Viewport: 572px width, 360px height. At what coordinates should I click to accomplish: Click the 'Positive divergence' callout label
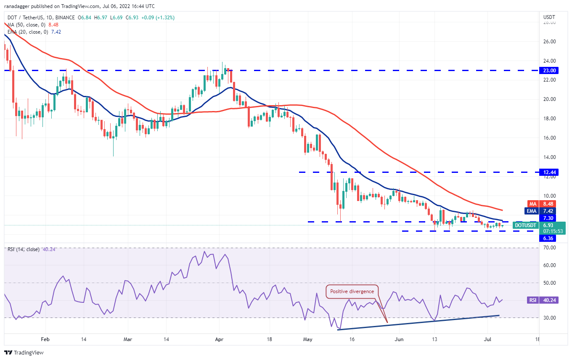352,291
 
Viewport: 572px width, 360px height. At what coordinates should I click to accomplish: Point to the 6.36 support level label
548,238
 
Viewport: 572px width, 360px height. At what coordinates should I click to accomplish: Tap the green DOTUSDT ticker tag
526,225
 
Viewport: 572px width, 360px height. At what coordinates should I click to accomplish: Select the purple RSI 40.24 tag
533,300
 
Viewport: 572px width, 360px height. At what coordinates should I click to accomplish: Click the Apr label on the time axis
219,339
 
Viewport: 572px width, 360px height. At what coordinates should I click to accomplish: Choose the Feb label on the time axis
45,339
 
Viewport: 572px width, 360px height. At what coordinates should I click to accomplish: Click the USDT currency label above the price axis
549,17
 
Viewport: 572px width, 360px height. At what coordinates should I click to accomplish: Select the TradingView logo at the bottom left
24,352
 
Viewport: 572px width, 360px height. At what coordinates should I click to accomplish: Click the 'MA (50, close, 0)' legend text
26,24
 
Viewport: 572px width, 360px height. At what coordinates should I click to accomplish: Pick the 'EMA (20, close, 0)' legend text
27,32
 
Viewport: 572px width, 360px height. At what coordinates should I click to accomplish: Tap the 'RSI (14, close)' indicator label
24,249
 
